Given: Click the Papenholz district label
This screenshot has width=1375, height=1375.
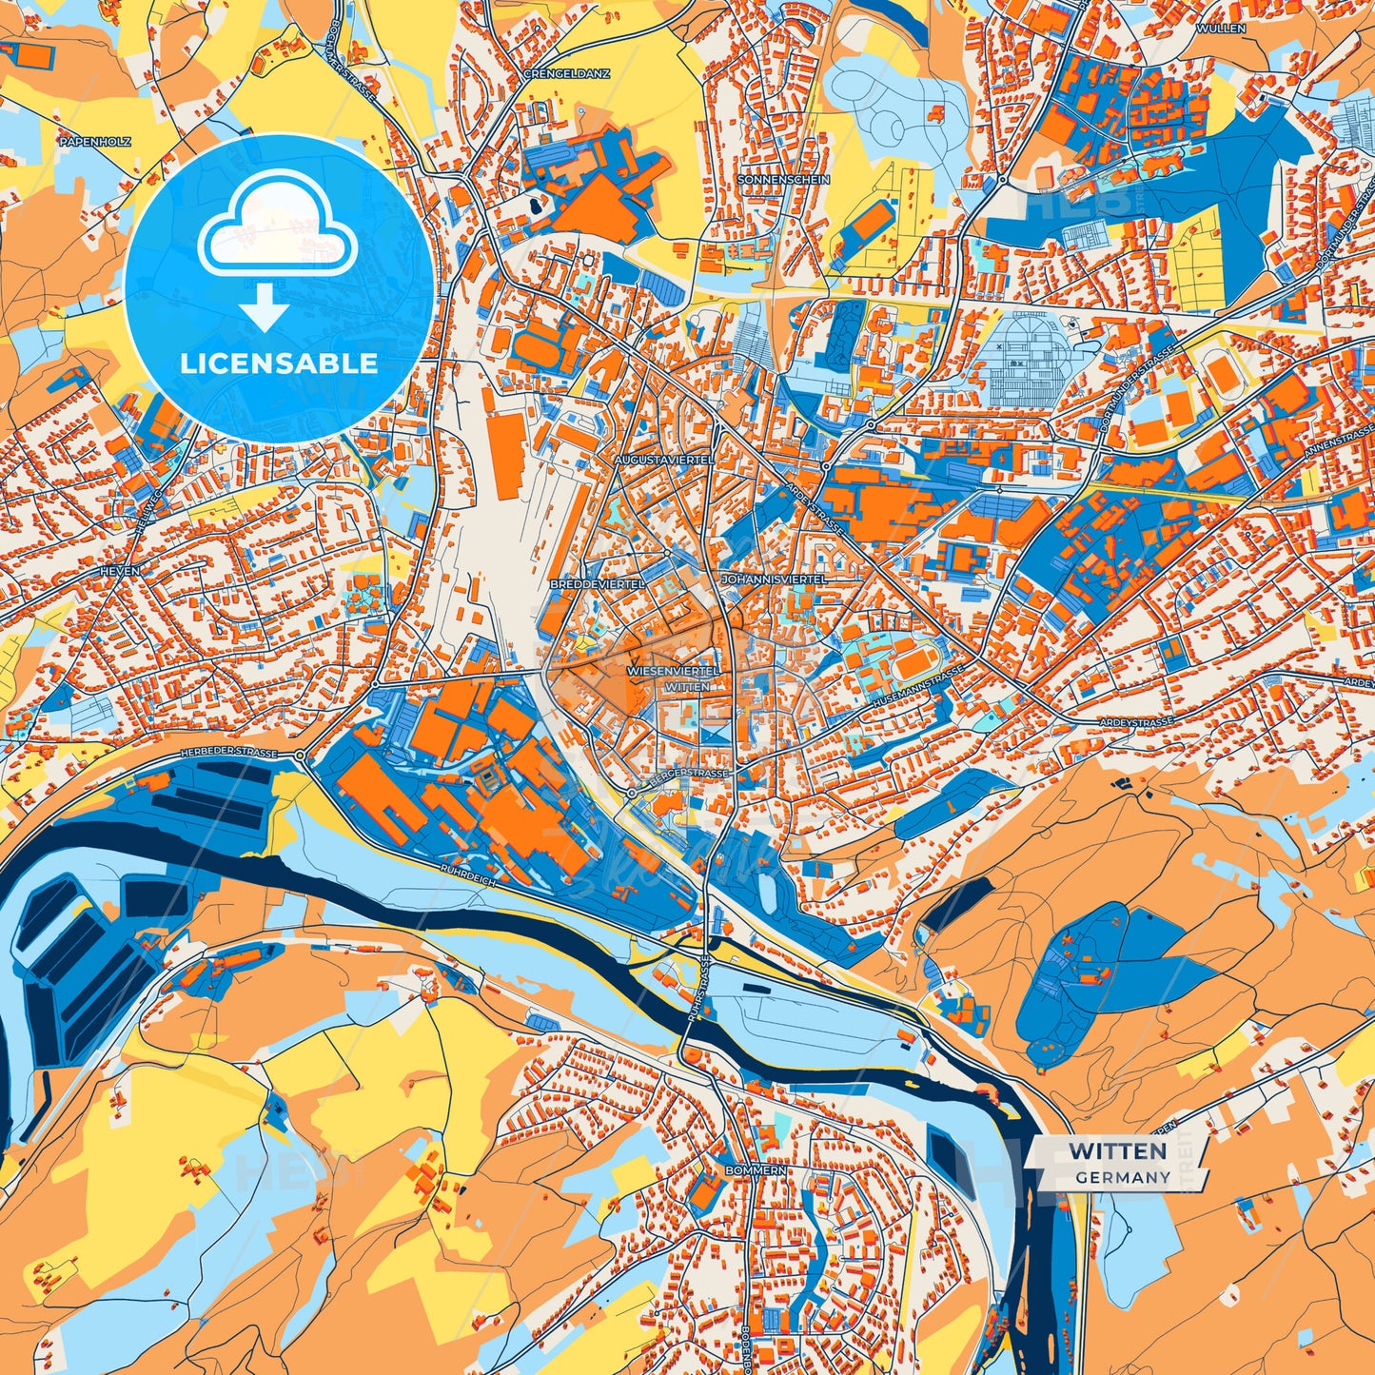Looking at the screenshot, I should [94, 142].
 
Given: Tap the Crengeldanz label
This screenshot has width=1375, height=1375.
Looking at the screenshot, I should [566, 73].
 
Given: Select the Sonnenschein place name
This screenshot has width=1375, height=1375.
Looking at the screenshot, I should [783, 179].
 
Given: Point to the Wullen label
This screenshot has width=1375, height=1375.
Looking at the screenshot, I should [1221, 29].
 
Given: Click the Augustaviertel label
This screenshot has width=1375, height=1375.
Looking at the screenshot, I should [664, 460].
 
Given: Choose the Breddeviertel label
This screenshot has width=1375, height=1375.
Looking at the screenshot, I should [597, 583].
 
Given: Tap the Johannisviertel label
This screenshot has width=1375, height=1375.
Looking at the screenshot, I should [774, 579].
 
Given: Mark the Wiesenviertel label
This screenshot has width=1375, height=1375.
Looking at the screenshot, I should [674, 671].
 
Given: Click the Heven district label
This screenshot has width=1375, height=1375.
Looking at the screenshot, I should [120, 571].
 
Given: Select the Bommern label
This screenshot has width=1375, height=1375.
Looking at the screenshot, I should [756, 1169].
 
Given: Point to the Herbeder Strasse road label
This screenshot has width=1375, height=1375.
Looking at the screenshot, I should [228, 753].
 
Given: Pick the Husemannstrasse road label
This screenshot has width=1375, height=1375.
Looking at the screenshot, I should [917, 685].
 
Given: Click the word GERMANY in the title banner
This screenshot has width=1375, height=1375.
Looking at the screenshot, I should [1123, 1177].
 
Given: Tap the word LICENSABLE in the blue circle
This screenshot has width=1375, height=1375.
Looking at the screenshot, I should [279, 363].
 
